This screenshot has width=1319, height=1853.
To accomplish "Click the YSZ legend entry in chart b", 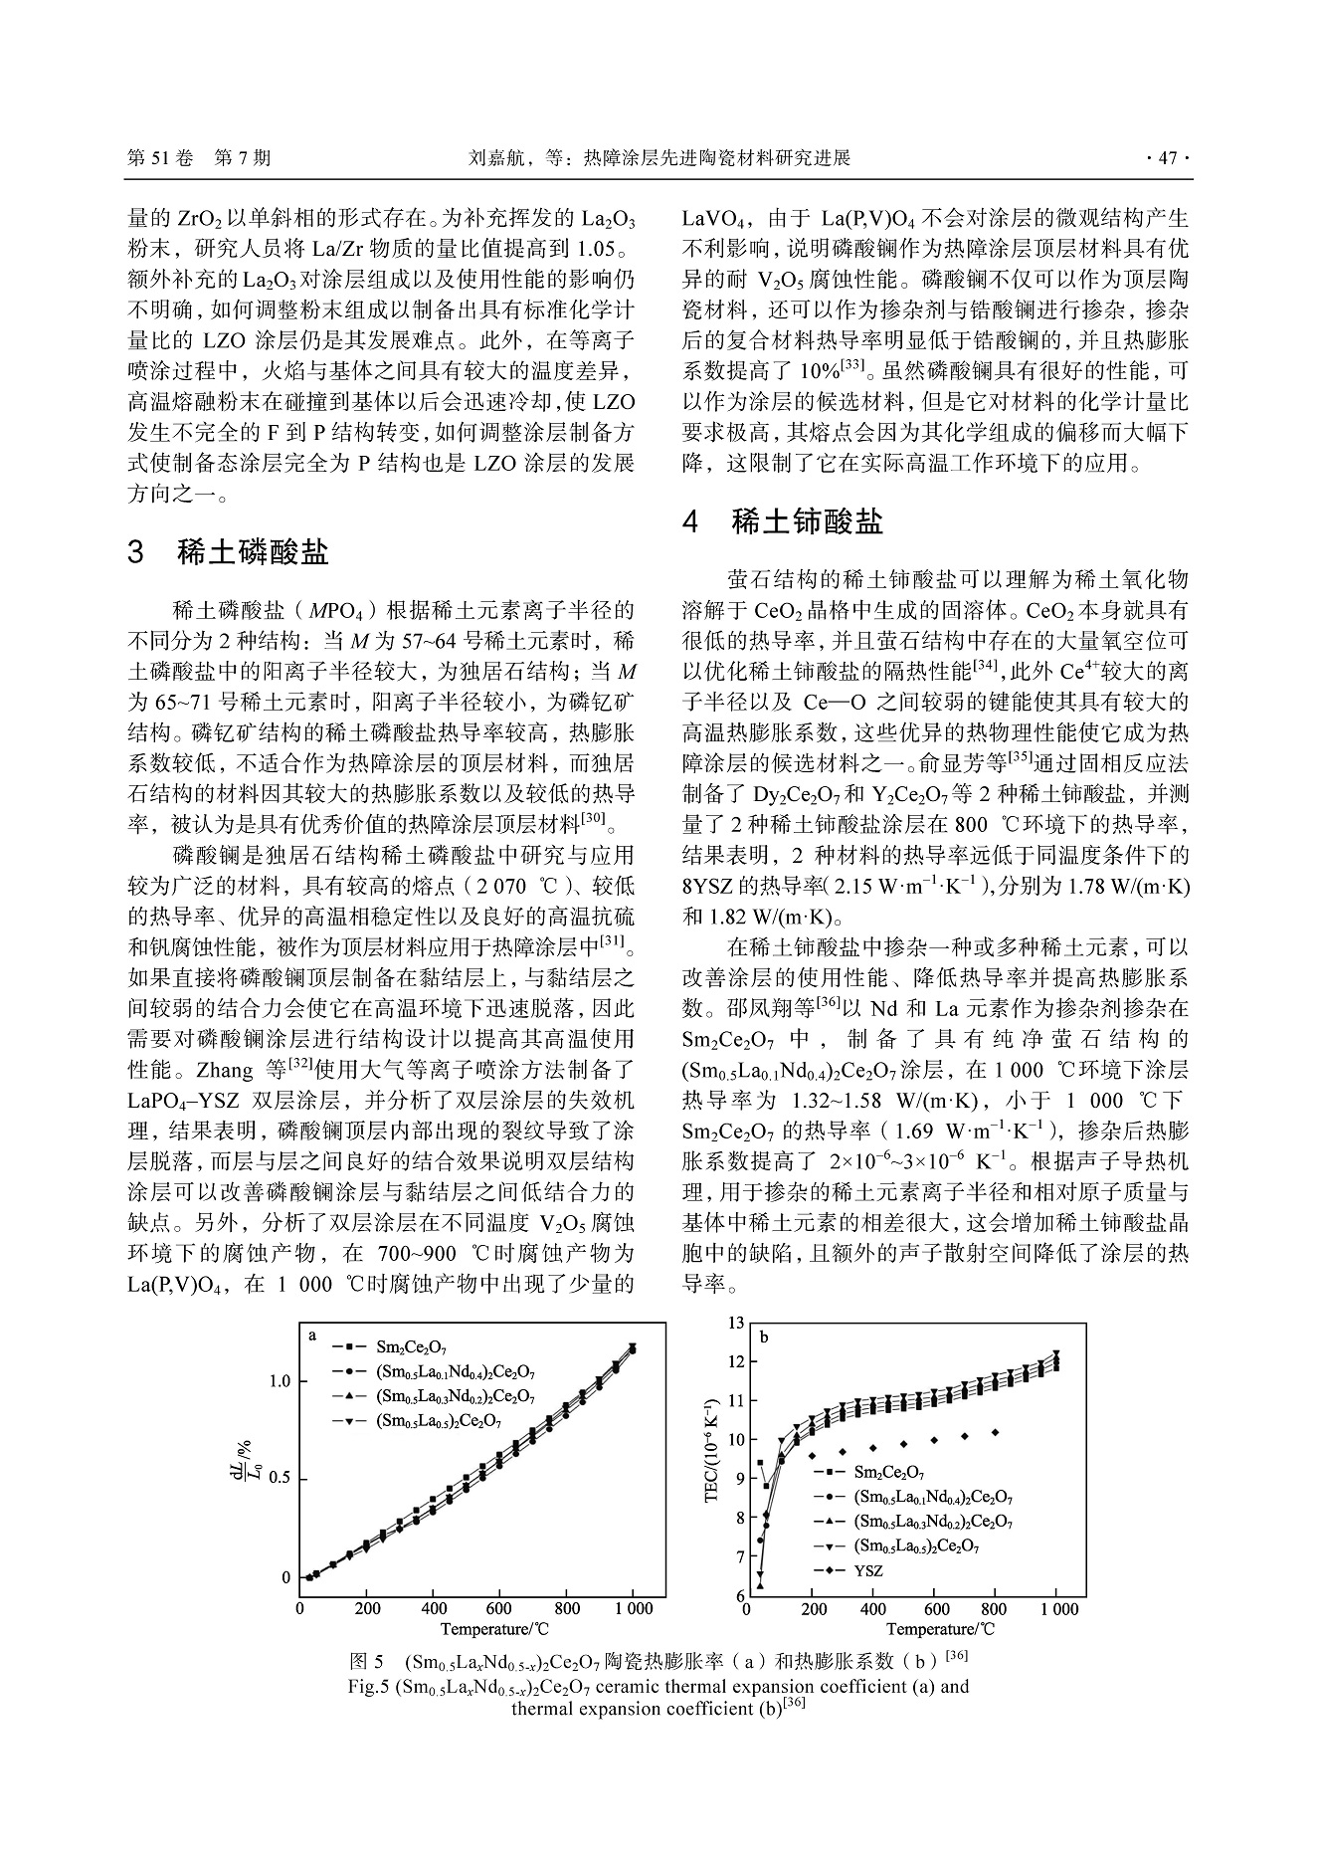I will (x=867, y=1572).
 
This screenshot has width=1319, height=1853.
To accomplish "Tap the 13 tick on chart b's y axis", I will (x=736, y=1323).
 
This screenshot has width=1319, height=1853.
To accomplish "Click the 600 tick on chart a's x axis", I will (x=499, y=1608).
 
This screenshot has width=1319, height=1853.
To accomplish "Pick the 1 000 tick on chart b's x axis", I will (x=1057, y=1608).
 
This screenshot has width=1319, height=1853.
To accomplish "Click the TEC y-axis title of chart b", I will (x=711, y=1462).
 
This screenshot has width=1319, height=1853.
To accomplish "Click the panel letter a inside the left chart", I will (x=312, y=1336).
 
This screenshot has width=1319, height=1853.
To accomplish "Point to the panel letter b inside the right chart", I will (x=764, y=1338).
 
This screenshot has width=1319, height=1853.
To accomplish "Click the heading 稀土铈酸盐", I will (x=807, y=521).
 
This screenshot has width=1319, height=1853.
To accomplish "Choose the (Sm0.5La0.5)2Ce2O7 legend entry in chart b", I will (x=916, y=1546).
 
